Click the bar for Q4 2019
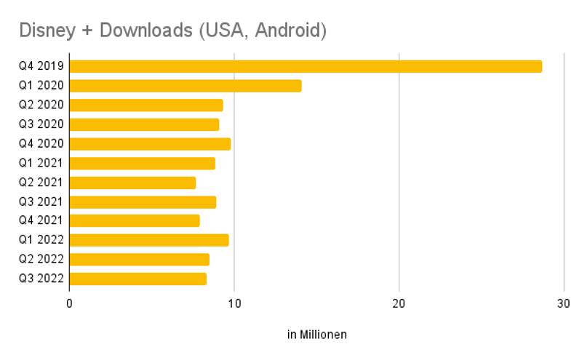pos(306,66)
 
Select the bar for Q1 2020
pos(186,86)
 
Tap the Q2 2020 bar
pos(146,105)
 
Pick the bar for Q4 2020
pos(150,143)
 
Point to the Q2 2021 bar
pos(132,183)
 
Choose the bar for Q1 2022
pos(149,240)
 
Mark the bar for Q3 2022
pos(138,279)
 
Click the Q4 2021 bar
pos(135,220)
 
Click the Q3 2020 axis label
pos(41,124)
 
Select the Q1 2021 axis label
pos(41,163)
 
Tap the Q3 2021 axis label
pos(41,201)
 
